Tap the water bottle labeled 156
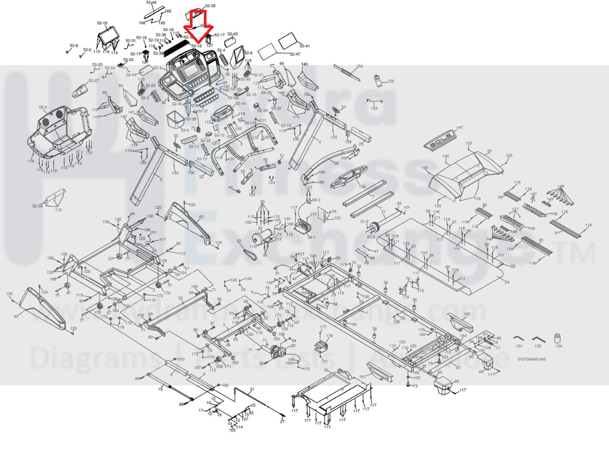click(377, 80)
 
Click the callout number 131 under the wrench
click(518, 346)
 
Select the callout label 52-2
click(42, 108)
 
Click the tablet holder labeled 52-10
click(108, 35)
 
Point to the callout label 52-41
click(304, 46)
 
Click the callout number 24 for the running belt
click(506, 282)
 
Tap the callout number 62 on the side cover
click(16, 316)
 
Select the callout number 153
click(374, 108)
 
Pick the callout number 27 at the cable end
click(282, 422)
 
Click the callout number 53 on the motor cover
click(489, 152)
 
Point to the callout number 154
click(360, 66)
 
